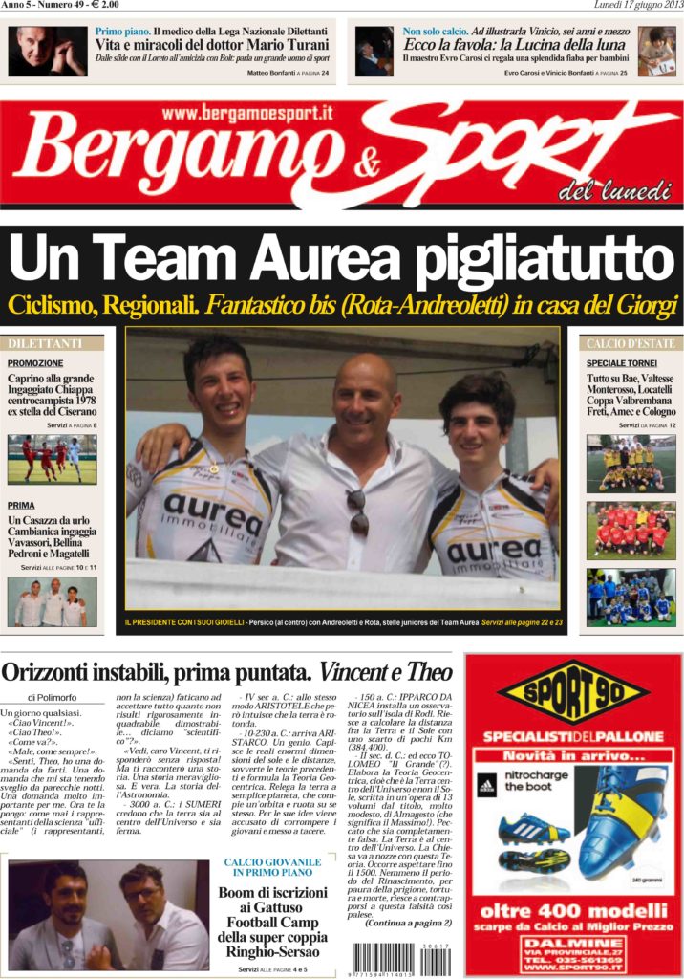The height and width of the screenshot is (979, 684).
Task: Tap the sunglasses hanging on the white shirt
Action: click(356, 511)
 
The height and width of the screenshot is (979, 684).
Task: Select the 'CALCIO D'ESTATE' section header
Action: click(631, 343)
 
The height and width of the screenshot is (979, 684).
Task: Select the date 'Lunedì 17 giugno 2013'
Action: click(631, 6)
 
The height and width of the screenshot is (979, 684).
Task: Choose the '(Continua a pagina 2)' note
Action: click(408, 923)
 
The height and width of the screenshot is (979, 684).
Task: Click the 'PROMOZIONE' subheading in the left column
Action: click(35, 363)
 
